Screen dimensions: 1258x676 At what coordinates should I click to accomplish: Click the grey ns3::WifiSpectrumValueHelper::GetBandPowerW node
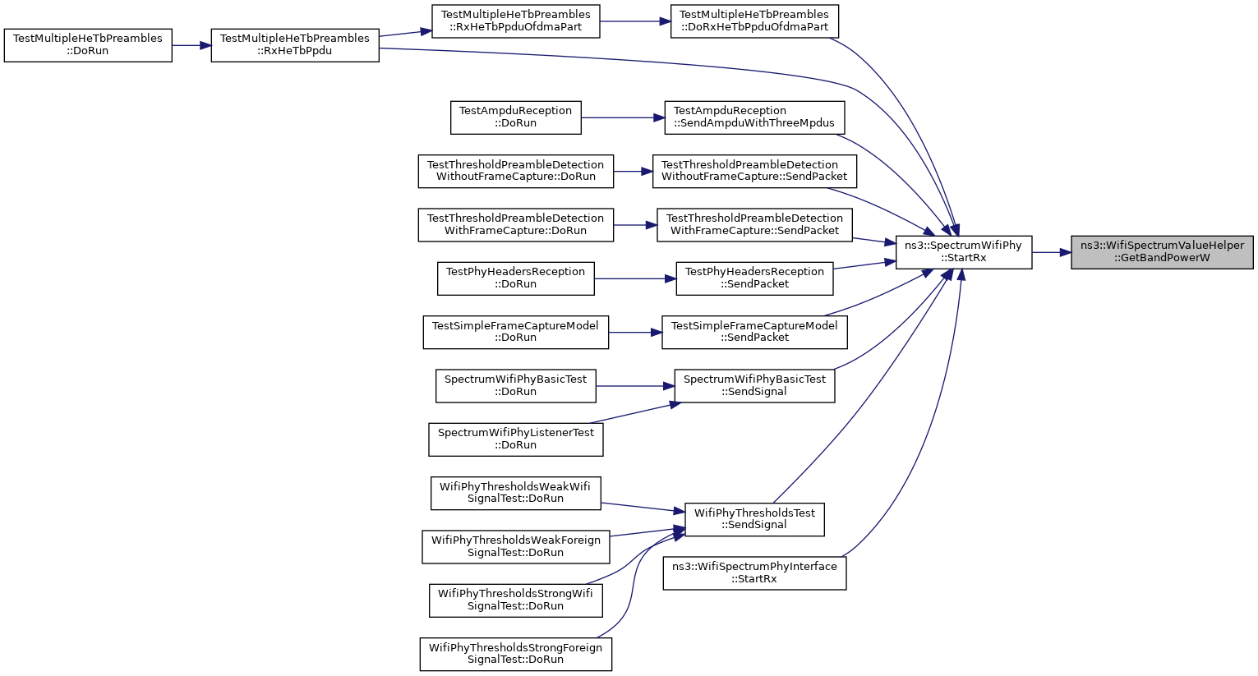coord(1162,253)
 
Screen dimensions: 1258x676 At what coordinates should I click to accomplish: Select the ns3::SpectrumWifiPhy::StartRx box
coord(964,253)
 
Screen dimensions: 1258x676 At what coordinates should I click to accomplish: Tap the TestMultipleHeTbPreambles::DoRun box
coord(88,45)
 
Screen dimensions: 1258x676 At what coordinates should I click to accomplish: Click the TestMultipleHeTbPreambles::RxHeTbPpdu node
coord(295,45)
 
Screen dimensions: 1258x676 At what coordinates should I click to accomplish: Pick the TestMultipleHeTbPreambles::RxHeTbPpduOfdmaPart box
coord(515,21)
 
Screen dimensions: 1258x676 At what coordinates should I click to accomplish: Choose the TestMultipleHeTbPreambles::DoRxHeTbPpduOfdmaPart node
coord(754,21)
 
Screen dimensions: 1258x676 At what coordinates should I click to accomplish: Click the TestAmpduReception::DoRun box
coord(515,118)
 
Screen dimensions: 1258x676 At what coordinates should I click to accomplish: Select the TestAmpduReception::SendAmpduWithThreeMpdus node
coord(754,118)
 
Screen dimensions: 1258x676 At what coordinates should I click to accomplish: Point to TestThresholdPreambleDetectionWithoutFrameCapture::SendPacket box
coord(754,171)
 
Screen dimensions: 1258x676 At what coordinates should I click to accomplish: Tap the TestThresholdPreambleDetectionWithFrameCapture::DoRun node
coord(515,225)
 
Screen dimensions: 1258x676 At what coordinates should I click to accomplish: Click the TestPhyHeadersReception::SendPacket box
coord(754,278)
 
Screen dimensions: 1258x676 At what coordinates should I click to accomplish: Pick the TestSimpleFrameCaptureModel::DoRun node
coord(515,333)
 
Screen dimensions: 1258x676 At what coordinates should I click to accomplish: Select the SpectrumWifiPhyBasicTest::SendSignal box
coord(754,386)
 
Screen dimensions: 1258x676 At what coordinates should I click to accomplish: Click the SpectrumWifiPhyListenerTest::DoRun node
coord(515,439)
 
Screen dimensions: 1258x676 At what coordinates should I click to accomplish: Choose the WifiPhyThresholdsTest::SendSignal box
coord(754,519)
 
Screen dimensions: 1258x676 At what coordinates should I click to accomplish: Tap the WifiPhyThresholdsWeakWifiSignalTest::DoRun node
coord(515,494)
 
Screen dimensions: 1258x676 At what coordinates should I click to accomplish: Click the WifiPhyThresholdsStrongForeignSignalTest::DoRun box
coord(515,654)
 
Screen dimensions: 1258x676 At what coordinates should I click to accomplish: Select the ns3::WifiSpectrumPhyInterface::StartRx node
coord(754,573)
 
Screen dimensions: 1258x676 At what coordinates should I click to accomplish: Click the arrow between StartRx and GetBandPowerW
coord(1051,253)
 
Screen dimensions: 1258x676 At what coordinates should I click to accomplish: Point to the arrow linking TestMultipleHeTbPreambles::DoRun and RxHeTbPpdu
coord(191,45)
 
